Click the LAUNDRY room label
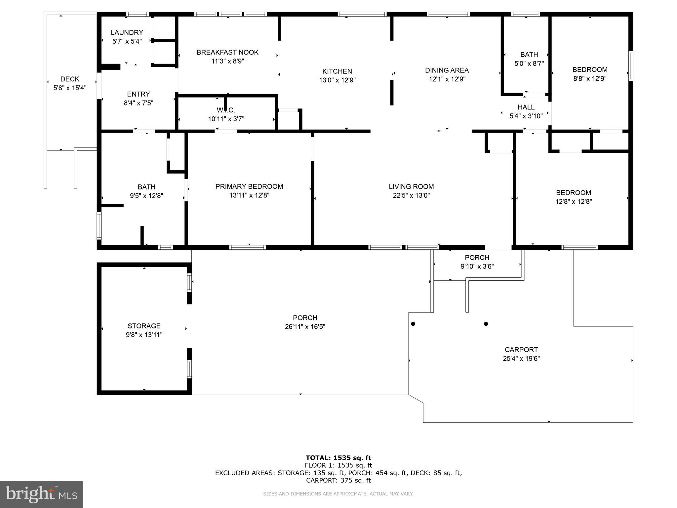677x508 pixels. pos(127,32)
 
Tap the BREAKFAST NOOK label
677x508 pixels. pos(227,52)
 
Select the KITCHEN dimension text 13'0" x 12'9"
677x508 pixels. pos(337,80)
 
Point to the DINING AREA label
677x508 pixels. pos(447,70)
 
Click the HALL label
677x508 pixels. pos(526,107)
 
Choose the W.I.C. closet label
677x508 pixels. pos(226,110)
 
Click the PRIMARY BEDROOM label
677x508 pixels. pos(249,187)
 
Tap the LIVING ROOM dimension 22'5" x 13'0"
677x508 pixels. pos(411,195)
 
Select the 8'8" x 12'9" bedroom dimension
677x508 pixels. pos(590,79)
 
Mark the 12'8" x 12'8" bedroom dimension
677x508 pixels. pos(574,201)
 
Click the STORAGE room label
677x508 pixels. pos(144,326)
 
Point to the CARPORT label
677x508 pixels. pos(521,350)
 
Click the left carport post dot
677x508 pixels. pos(413,324)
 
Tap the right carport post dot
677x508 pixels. pos(486,324)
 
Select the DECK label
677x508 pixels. pos(70,79)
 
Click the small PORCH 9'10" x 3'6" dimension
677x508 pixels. pos(477,266)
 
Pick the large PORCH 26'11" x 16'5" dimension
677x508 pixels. pos(305,327)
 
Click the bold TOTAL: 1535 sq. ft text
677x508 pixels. pos(338,458)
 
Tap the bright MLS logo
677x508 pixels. pos(41,494)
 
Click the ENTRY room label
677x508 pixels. pos(139,94)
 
